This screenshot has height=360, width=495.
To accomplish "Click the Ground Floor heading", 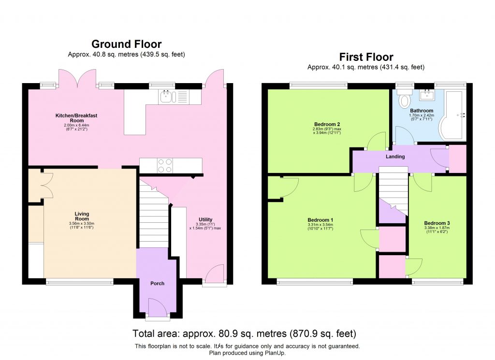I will pyautogui.click(x=126, y=44).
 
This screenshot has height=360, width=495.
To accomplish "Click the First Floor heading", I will pyautogui.click(x=366, y=57).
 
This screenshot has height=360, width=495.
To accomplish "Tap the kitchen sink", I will pyautogui.click(x=167, y=97).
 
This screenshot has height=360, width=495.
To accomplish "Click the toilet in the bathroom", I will pyautogui.click(x=404, y=100).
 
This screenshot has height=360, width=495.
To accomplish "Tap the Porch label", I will pyautogui.click(x=158, y=283).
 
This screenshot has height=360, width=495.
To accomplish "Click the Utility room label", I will pyautogui.click(x=205, y=219).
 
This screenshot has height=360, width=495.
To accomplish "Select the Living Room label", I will pyautogui.click(x=82, y=216).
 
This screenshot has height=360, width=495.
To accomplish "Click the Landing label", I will pyautogui.click(x=395, y=157).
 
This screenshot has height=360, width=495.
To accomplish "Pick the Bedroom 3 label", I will pyautogui.click(x=437, y=223).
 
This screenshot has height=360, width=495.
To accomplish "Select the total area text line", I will pyautogui.click(x=244, y=333).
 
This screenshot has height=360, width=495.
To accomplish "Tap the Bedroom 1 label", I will pyautogui.click(x=320, y=220).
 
